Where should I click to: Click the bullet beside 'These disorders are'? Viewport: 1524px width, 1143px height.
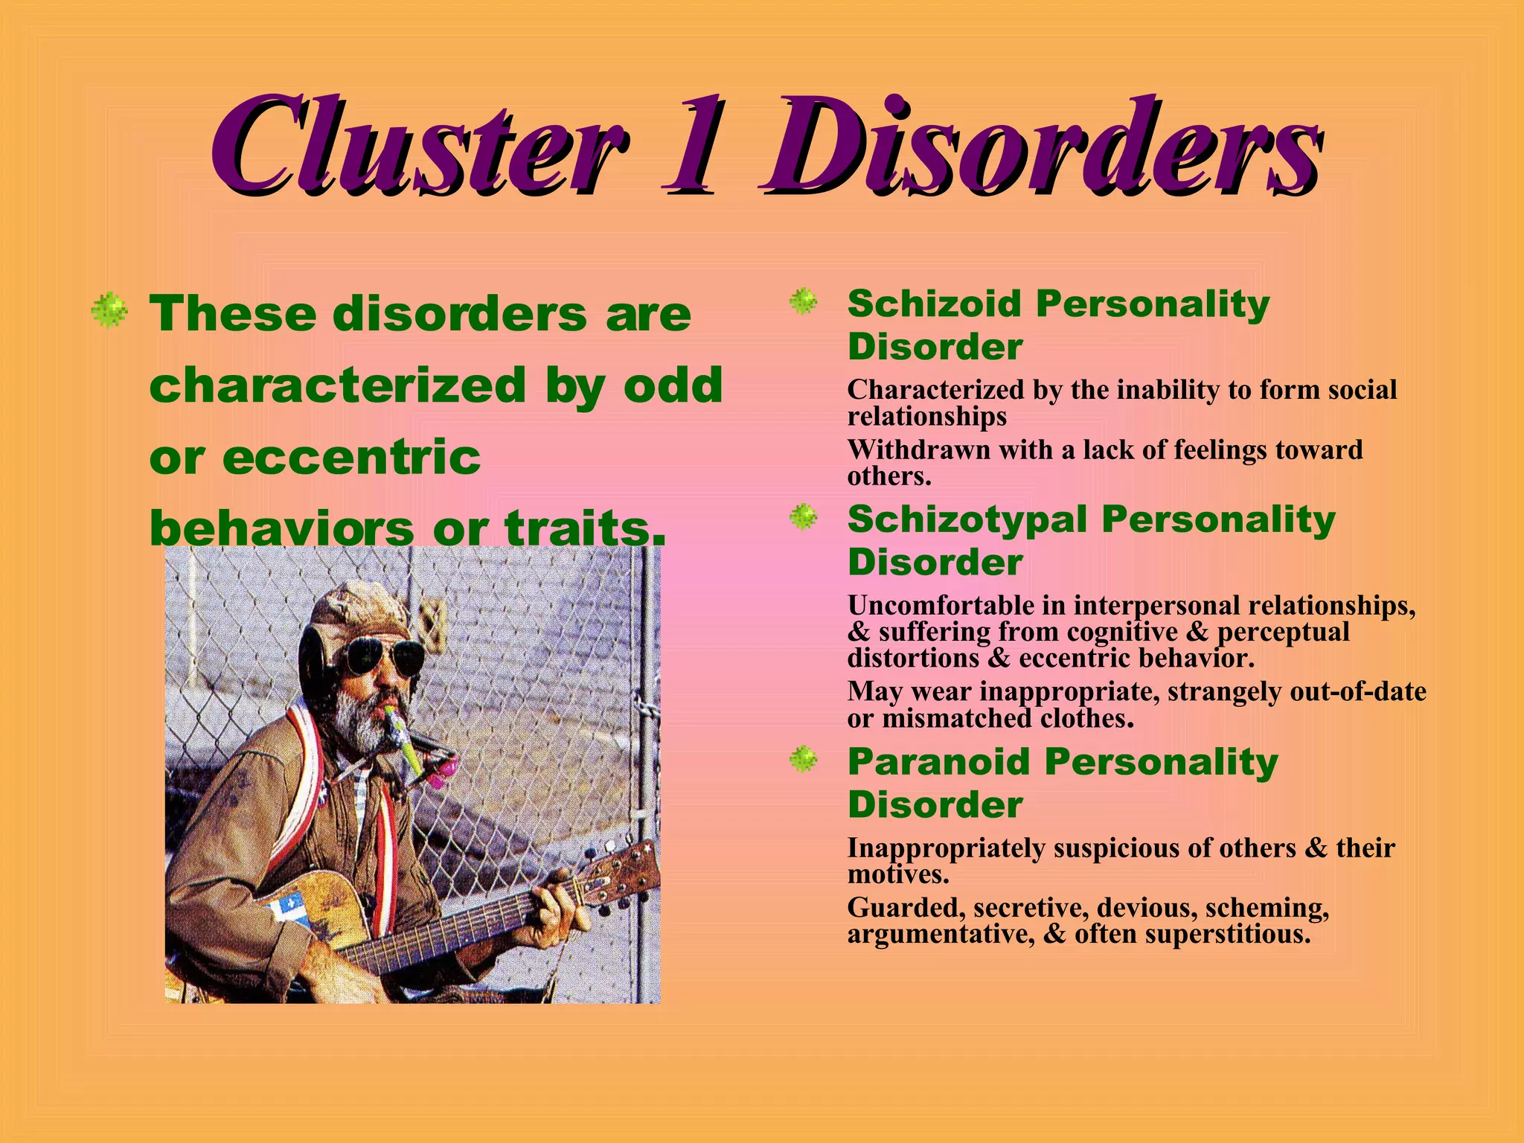tap(109, 310)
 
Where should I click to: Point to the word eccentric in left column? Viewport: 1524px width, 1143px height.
tap(351, 457)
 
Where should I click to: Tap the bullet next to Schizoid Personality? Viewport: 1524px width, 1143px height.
tap(804, 301)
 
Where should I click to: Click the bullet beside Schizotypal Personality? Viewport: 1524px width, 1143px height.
tap(804, 516)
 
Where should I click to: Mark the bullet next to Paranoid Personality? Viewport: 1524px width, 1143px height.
tap(804, 760)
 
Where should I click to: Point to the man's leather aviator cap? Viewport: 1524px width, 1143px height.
tap(357, 610)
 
